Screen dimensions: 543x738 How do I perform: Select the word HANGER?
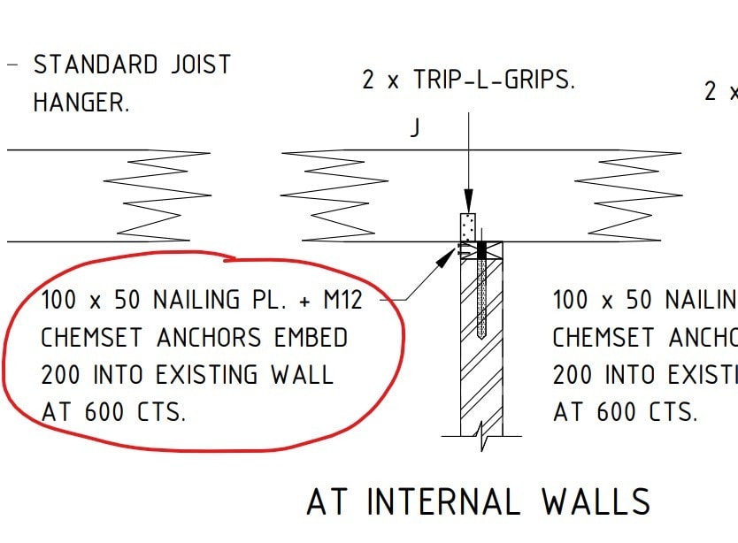click(x=81, y=103)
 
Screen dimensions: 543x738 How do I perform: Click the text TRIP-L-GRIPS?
click(x=494, y=80)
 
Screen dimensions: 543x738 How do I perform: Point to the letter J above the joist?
click(x=414, y=129)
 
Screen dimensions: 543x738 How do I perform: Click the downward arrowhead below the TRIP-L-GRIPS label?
click(x=468, y=203)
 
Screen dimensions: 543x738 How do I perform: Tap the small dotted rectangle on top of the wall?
click(x=468, y=227)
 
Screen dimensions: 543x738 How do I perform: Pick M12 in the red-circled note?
click(x=342, y=301)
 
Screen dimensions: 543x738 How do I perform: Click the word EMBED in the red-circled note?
click(x=310, y=338)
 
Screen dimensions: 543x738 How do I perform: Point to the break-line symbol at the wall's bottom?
click(x=481, y=433)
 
